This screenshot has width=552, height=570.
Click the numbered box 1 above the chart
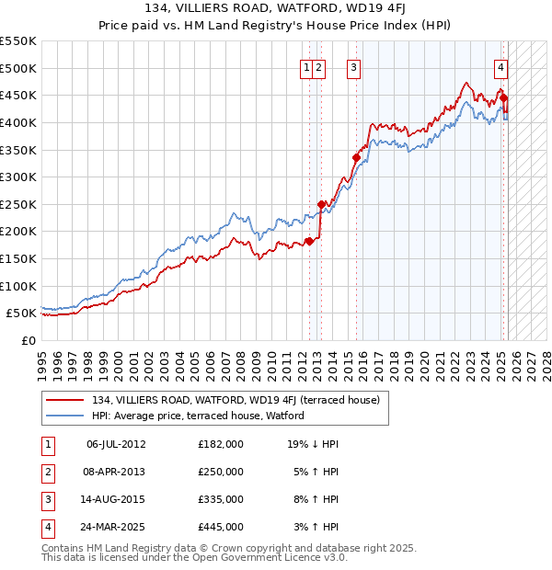pos(305,66)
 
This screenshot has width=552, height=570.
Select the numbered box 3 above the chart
pos(353,66)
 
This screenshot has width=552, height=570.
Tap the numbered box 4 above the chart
pos(500,66)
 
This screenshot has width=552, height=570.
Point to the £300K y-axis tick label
pos(18,177)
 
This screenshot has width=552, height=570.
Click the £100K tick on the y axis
pos(18,286)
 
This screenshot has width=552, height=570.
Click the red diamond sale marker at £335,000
pos(356,157)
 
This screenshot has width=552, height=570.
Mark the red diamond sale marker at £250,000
pos(321,204)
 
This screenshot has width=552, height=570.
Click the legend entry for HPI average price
pos(198,416)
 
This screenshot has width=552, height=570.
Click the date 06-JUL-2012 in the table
pos(116,444)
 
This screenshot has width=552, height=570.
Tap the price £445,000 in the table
pos(221,527)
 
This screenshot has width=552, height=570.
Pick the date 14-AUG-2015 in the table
pos(116,499)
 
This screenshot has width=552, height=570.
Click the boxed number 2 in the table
pos(47,472)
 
